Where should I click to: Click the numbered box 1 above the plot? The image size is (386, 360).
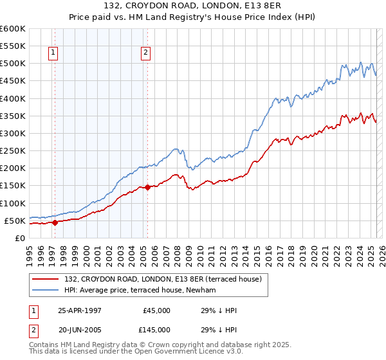pyautogui.click(x=52, y=53)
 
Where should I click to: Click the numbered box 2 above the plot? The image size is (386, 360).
pyautogui.click(x=146, y=53)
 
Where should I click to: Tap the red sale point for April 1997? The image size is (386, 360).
pyautogui.click(x=55, y=222)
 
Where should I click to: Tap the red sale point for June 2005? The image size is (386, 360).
pyautogui.click(x=147, y=188)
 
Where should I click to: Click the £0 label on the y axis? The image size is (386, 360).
pyautogui.click(x=19, y=238)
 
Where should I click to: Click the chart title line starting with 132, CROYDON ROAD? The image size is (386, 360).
pyautogui.click(x=193, y=6)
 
